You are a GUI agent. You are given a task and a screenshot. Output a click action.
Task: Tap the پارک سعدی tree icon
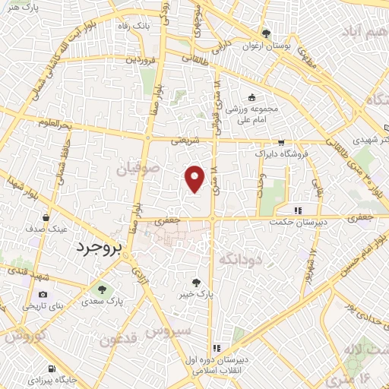[101, 289]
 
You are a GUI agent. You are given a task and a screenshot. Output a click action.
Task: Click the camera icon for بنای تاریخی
[42, 294]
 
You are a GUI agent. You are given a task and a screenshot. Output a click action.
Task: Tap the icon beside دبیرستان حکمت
[299, 210]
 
